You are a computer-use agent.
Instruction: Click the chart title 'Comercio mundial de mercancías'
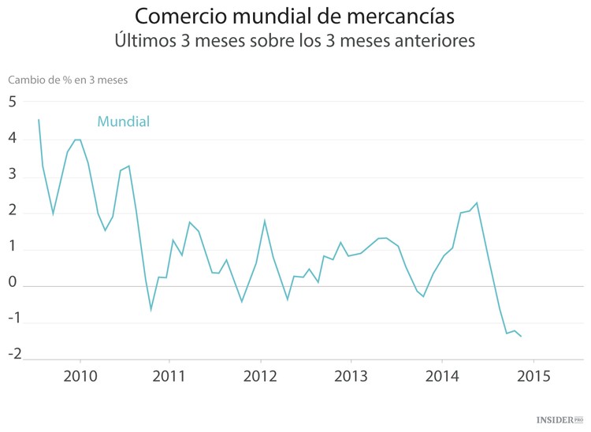295,17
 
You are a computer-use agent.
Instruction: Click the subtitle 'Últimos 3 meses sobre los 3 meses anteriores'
295,40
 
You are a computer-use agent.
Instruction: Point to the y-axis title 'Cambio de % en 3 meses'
68,80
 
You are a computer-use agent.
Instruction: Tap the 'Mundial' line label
124,121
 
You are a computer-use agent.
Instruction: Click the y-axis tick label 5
13,102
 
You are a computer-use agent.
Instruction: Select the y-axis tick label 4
13,139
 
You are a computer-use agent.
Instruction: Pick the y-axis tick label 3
13,176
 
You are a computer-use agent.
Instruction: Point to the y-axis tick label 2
13,213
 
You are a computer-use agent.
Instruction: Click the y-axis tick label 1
13,250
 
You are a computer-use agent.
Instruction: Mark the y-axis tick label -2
12,353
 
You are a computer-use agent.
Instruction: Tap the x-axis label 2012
261,375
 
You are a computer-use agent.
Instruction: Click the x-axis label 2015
533,375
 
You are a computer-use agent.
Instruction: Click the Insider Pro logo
559,420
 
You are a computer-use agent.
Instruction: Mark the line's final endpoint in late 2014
522,337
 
